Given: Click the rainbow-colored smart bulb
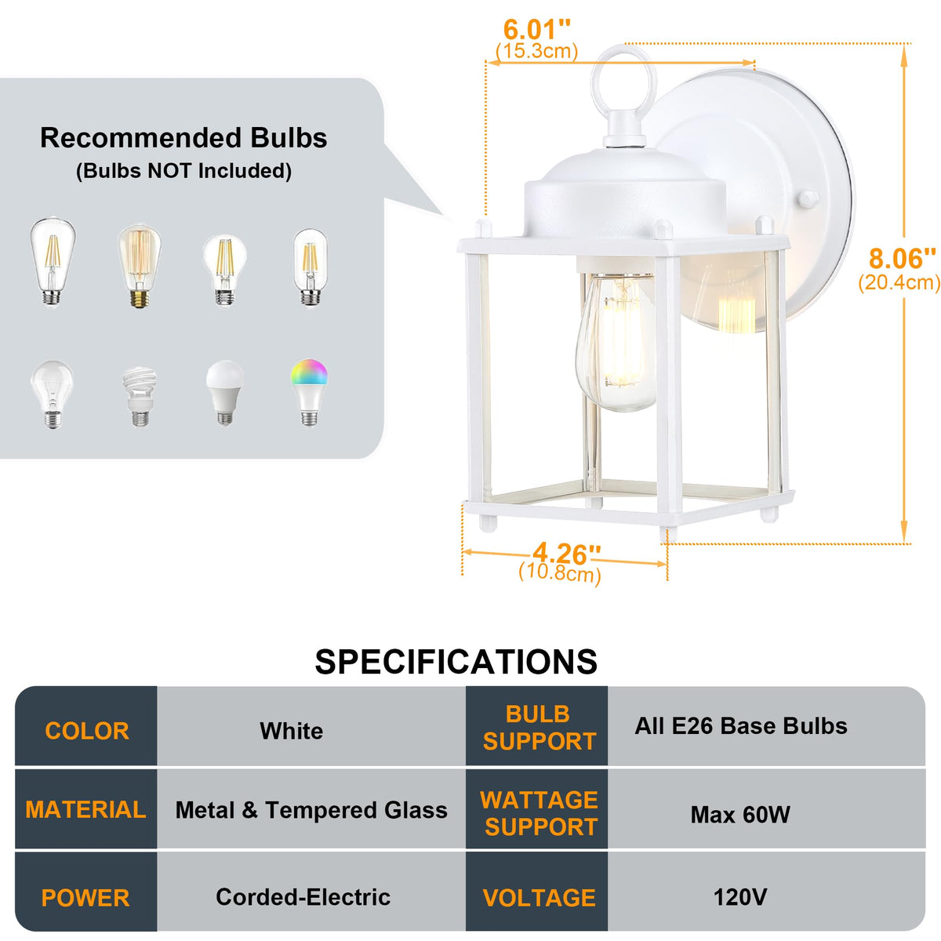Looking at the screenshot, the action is coord(309,392).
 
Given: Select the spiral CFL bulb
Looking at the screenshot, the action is coord(140,397).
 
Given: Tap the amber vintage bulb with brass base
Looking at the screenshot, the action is coord(140,266).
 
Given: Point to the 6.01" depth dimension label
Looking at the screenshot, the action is coord(536,30).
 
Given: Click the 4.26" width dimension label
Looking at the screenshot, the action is coord(566,554).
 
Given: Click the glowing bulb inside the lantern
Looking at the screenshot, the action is coord(616,342).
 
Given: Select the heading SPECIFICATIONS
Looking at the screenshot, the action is coord(456,662).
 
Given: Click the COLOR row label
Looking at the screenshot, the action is coord(87,731).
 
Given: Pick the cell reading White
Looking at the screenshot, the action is coord(292,731).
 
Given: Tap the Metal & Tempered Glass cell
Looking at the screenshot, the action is coord(311,810).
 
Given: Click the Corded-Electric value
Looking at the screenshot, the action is coord(303,896).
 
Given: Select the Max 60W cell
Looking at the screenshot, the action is coord(739,815).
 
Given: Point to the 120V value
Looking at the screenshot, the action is coord(739,896).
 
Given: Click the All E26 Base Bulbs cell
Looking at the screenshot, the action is coord(741,725).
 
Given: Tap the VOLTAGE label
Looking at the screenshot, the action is coord(539,898).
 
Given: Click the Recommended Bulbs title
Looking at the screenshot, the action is coord(183,138).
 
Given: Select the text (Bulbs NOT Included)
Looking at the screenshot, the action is coord(183,171).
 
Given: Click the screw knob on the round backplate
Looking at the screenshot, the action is coord(808,198).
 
